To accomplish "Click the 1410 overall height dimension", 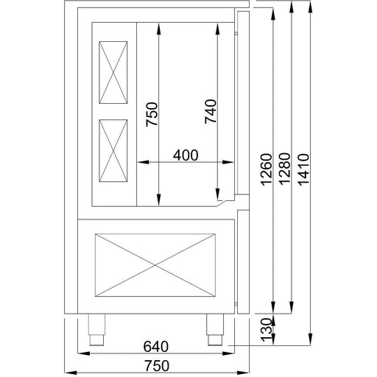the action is point(303,169).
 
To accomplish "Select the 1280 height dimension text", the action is point(285,169).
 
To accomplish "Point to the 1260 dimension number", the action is point(267,169).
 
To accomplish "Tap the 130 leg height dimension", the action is point(267,329).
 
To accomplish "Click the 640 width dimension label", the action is point(156,347).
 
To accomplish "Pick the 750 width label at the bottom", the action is point(157,366).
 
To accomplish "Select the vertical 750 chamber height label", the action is point(152,114).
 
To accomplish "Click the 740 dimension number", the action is point(211,111).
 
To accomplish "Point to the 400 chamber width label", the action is point(186,155).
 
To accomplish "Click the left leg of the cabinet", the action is point(96,329).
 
